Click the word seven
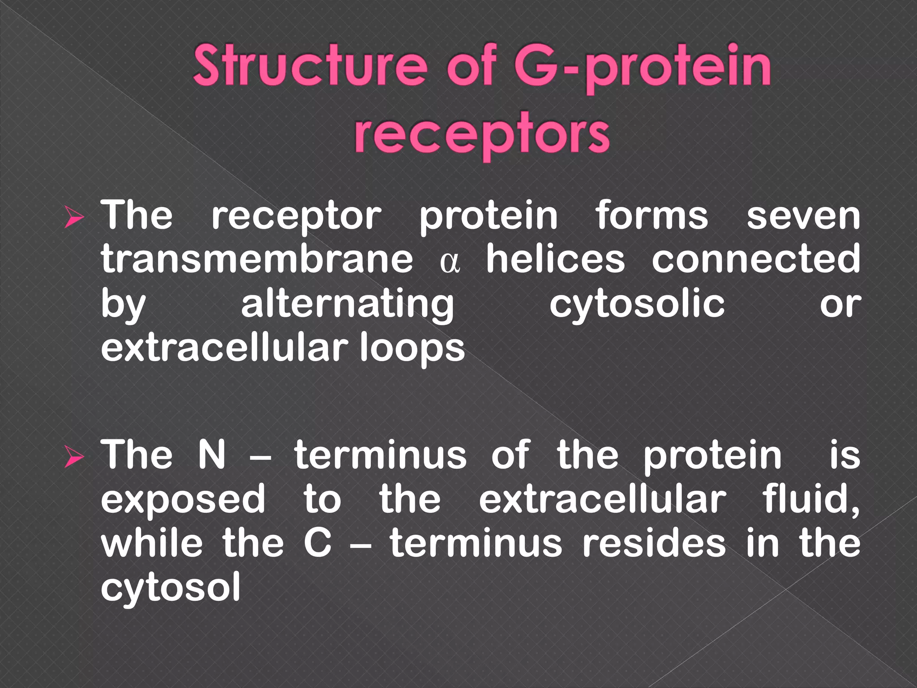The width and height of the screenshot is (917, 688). tap(803, 216)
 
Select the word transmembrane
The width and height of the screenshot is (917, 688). tap(257, 260)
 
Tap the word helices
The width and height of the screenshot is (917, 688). tap(555, 260)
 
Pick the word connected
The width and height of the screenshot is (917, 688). tap(756, 260)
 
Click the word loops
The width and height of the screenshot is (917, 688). tap(412, 349)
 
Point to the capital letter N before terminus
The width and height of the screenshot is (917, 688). tap(212, 455)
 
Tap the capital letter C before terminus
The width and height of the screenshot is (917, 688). tap(317, 543)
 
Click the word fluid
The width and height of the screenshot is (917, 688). tap(810, 499)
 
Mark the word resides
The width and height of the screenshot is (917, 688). tap(654, 543)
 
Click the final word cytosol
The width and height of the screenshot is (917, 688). tap(171, 588)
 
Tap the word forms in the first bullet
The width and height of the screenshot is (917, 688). tap(651, 216)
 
